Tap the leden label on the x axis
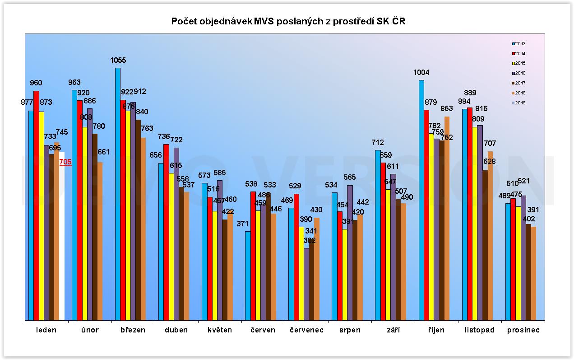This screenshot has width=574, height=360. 46,330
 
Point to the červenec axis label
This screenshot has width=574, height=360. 306,330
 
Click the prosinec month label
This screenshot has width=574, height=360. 523,330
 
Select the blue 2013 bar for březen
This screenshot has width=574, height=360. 118,194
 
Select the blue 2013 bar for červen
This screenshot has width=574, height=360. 248,276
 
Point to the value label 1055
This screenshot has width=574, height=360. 118,60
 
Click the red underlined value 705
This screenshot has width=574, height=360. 65,162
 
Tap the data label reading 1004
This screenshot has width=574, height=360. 421,72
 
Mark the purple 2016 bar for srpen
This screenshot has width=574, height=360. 350,253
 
